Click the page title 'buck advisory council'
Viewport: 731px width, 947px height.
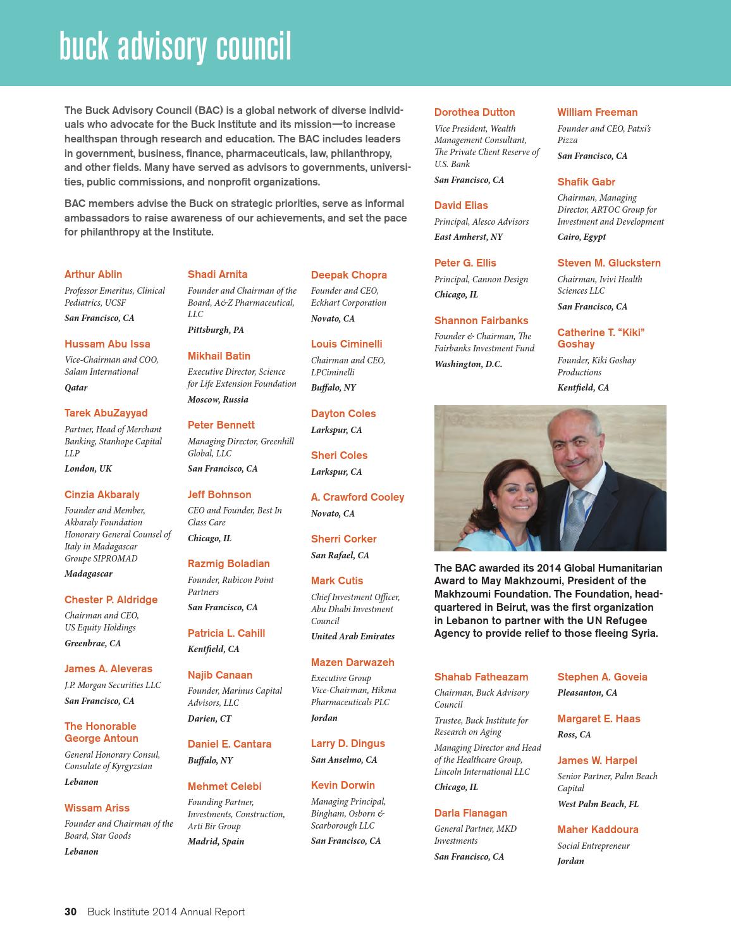[175, 47]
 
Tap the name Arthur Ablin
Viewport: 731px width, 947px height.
[93, 274]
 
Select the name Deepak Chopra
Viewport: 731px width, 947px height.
[348, 275]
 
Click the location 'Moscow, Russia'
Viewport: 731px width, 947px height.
[218, 399]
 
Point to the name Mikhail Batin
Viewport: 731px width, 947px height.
[219, 356]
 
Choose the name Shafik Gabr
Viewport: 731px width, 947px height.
[586, 182]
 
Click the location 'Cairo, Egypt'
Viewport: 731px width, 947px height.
[581, 237]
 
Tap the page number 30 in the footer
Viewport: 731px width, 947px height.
[70, 912]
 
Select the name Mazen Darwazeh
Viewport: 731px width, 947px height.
[352, 662]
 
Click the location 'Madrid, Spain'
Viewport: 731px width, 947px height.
[216, 841]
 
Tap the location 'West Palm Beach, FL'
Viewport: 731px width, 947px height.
[598, 804]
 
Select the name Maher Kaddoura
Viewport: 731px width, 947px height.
[598, 829]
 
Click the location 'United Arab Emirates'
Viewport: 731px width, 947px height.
[352, 636]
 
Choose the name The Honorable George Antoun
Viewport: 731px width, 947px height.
[101, 732]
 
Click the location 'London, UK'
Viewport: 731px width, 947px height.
[88, 468]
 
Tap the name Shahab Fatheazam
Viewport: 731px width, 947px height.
[481, 677]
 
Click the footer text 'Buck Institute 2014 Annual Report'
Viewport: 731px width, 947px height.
[166, 912]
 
